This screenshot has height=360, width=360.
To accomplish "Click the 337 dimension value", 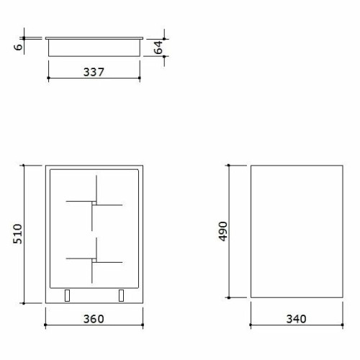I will click(x=94, y=72).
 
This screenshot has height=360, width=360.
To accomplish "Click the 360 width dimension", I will click(x=94, y=318).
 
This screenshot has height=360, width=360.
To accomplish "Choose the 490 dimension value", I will click(x=222, y=230).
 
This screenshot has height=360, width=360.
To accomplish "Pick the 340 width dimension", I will click(x=296, y=318).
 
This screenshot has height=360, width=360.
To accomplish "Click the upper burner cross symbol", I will click(x=94, y=203).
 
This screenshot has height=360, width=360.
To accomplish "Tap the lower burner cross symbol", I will click(x=94, y=260).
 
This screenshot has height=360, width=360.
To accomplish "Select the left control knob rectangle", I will click(x=68, y=295).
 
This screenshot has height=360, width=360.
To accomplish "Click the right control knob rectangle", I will click(x=120, y=295).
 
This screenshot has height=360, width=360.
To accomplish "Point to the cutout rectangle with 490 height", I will click(x=296, y=230).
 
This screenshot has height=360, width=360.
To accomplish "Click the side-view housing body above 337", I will click(x=94, y=48).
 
